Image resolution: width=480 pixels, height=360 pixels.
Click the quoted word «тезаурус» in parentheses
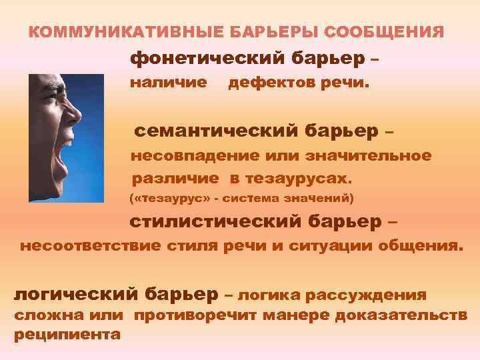[x=167, y=198]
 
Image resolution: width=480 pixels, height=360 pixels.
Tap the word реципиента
[x=67, y=334]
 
